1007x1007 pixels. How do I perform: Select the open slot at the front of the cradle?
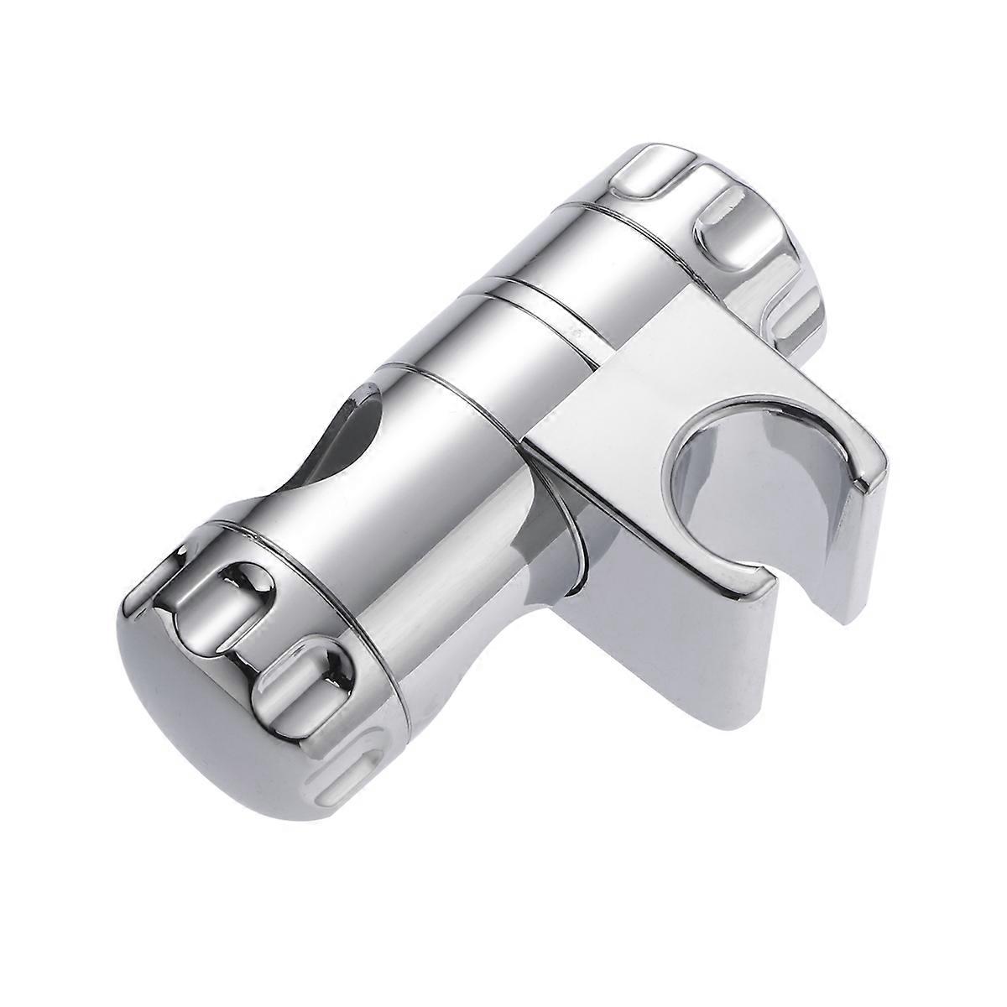coord(801,579)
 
